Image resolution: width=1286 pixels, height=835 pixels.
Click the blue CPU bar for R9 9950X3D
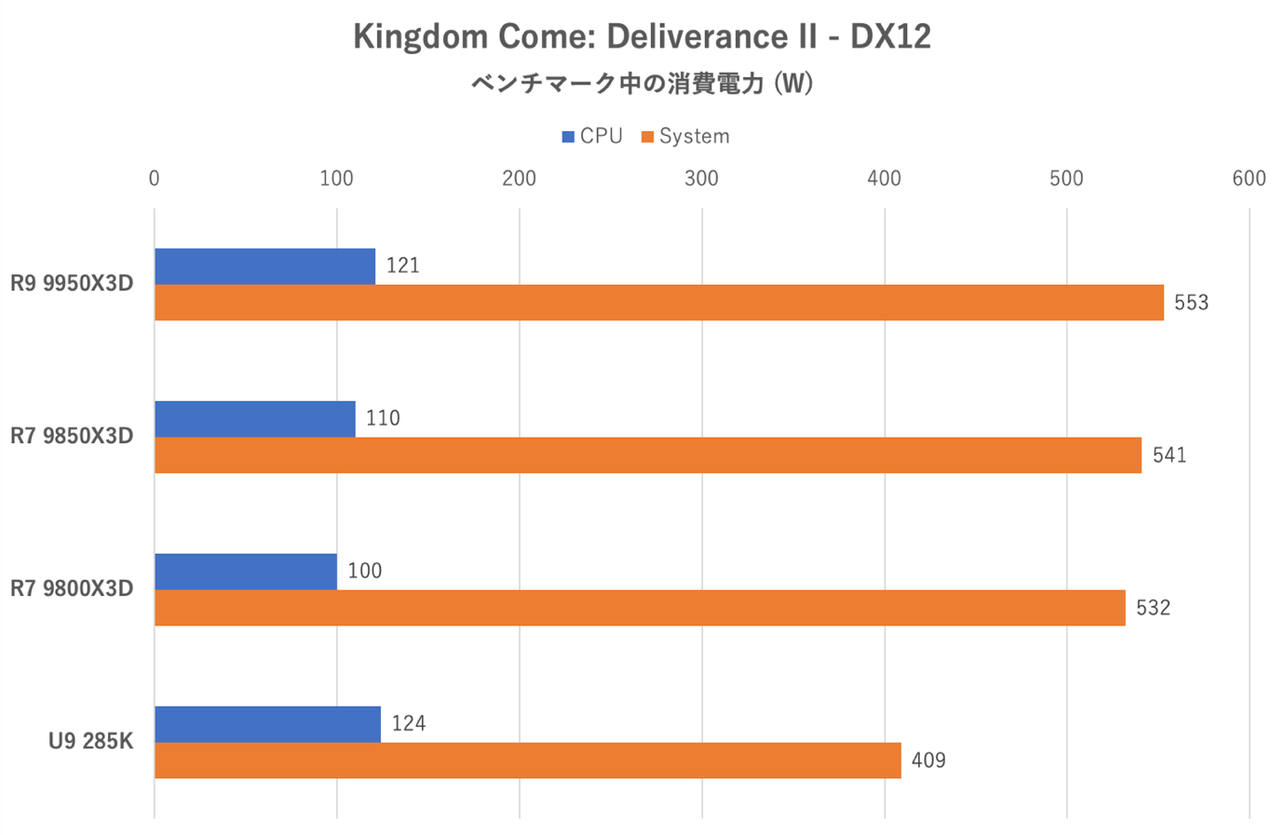tap(264, 266)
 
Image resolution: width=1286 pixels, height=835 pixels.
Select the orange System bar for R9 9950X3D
tap(658, 303)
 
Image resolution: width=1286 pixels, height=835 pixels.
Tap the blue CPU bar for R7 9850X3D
tap(254, 419)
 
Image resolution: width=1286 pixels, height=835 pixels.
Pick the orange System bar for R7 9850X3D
tap(647, 455)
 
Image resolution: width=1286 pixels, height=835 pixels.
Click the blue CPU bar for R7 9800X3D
tap(245, 572)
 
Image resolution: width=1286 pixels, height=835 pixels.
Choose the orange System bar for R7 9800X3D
tap(639, 608)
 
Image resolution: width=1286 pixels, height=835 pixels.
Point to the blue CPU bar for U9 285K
tap(267, 724)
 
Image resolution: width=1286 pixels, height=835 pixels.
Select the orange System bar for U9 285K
tap(527, 761)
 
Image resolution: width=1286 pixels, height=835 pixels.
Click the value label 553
tap(1191, 303)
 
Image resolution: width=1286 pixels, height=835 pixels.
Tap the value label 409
tap(928, 761)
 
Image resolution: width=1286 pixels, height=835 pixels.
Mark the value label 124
tap(409, 724)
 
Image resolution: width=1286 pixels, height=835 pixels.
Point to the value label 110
tap(383, 419)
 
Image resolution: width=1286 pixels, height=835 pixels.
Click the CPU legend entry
tap(592, 136)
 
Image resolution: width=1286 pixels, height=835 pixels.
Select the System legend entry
tap(685, 136)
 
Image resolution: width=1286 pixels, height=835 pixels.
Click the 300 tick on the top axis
tap(701, 178)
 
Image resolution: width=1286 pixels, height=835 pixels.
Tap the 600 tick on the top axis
tap(1249, 178)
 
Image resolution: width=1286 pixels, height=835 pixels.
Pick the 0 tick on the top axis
tap(155, 178)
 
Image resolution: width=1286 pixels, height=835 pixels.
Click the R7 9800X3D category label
tap(72, 588)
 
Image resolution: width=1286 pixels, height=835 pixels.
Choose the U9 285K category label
tap(90, 741)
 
